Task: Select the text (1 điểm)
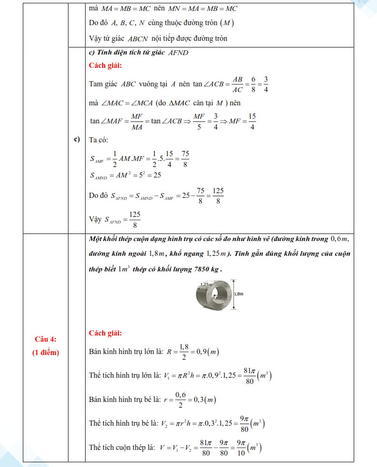pyautogui.click(x=46, y=352)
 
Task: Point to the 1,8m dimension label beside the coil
pyautogui.click(x=239, y=294)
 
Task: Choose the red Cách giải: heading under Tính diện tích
pyautogui.click(x=106, y=65)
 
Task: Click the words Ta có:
pyautogui.click(x=98, y=140)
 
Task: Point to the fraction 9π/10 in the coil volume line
pyautogui.click(x=241, y=447)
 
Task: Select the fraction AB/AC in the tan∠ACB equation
pyautogui.click(x=237, y=84)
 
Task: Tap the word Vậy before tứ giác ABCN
pyautogui.click(x=96, y=38)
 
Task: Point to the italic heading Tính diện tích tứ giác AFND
pyautogui.click(x=139, y=53)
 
